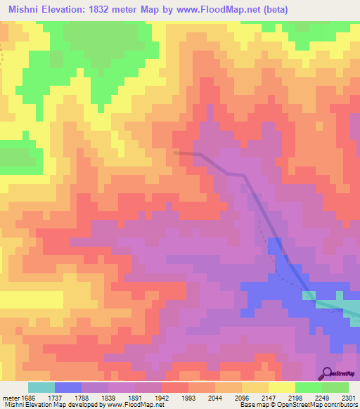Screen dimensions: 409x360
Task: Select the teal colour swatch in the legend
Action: tap(41, 387)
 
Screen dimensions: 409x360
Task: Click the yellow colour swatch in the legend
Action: tap(281, 387)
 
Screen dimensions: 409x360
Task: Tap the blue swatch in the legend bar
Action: tap(68, 387)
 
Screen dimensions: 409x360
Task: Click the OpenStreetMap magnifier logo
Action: tap(328, 372)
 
